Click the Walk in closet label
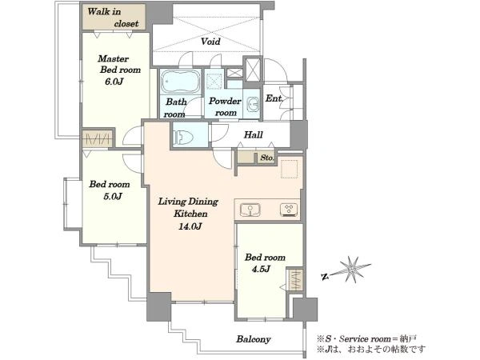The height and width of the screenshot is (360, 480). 113,18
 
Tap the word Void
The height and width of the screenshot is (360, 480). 210,41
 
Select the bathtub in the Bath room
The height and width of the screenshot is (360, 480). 180,82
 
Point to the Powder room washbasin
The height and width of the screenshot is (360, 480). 253,104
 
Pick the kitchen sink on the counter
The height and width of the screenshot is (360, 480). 250,210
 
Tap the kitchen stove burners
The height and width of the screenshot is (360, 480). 289,210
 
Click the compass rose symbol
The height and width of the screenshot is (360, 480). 351,270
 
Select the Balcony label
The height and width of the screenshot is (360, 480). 253,339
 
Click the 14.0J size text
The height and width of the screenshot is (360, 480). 190,226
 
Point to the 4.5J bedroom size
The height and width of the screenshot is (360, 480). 261,269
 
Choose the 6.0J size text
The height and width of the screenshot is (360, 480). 114,82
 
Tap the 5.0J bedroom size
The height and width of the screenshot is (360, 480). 113,196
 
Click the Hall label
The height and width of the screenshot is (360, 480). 253,134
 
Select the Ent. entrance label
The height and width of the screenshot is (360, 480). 274,98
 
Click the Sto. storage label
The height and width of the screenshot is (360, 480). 267,158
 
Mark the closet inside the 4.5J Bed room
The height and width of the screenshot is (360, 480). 295,280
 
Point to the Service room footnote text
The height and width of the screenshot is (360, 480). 366,339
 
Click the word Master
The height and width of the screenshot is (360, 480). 109,58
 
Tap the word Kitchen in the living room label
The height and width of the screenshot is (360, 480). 190,214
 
